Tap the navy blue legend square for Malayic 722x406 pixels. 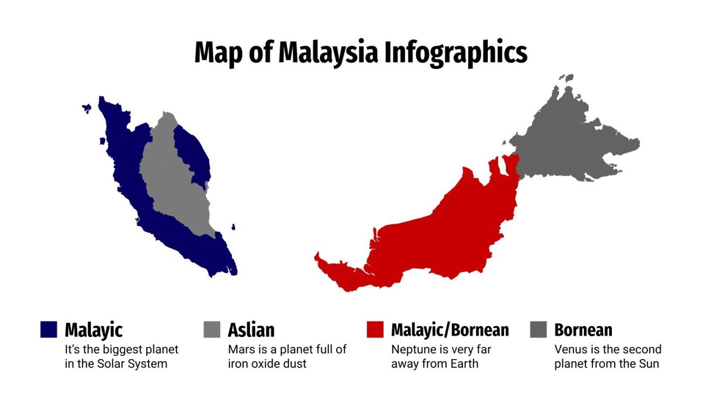pyautogui.click(x=49, y=329)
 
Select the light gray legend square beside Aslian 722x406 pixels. pyautogui.click(x=212, y=329)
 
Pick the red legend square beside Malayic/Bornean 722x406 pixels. pyautogui.click(x=374, y=329)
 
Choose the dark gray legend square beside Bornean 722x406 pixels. pyautogui.click(x=539, y=329)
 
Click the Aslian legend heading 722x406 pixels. pyautogui.click(x=251, y=329)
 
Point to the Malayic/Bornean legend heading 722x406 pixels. pyautogui.click(x=449, y=329)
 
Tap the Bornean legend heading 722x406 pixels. pyautogui.click(x=583, y=329)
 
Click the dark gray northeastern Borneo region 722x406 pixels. pyautogui.click(x=567, y=140)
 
